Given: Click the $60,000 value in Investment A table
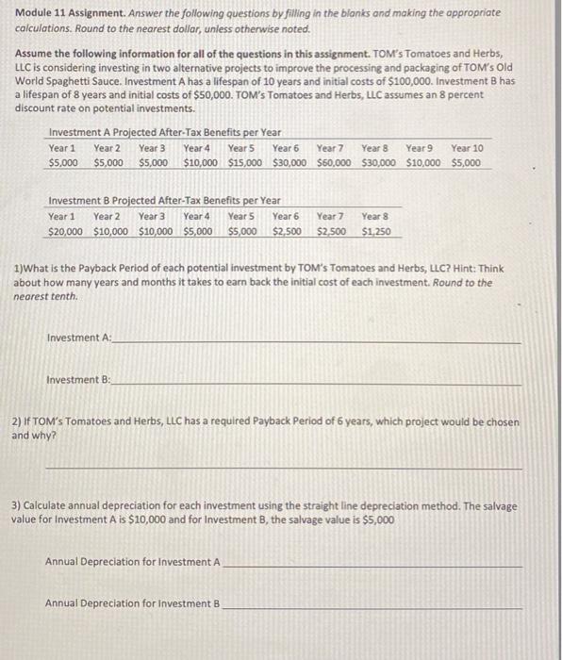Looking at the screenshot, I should click(x=335, y=162).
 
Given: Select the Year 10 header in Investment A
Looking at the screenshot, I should click(x=467, y=148).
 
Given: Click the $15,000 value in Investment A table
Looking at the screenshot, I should click(x=245, y=162).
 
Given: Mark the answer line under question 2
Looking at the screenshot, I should click(x=283, y=467).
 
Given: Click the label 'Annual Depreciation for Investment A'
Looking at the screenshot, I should click(x=132, y=563).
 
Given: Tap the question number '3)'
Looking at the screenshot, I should click(x=17, y=506).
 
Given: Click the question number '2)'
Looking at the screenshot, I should click(x=17, y=423).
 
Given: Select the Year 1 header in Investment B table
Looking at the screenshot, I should click(x=62, y=216).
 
